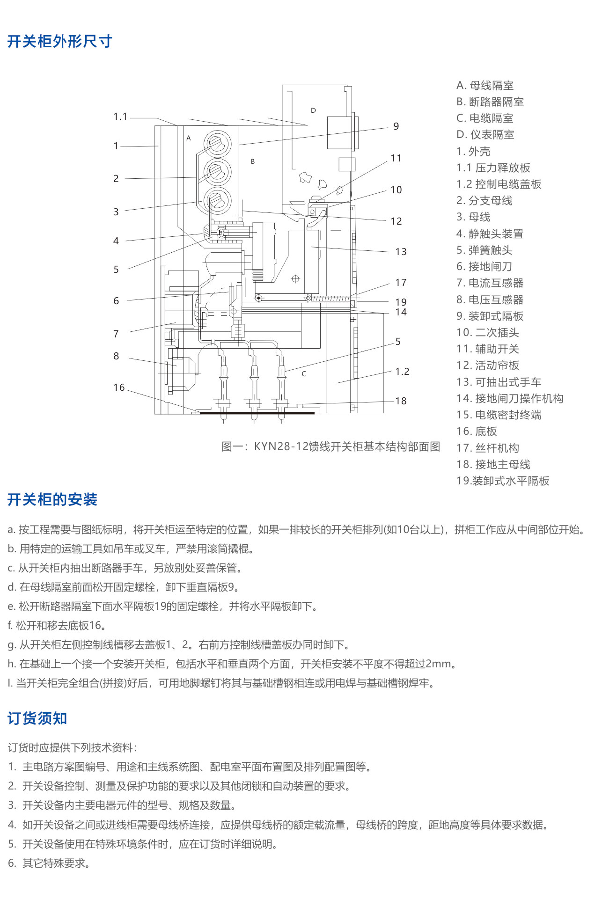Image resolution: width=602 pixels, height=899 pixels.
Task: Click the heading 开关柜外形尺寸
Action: [60, 41]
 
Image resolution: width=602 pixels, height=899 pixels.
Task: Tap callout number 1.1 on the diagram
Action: [120, 117]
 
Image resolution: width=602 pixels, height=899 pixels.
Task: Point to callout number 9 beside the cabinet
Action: [396, 126]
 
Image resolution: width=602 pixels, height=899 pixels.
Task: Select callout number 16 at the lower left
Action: [119, 387]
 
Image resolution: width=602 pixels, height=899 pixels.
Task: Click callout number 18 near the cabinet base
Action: [401, 401]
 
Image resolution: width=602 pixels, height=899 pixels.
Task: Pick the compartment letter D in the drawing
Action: [313, 110]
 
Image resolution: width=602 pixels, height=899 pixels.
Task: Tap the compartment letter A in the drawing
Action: [189, 138]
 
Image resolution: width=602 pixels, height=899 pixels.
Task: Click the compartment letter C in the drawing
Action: [304, 374]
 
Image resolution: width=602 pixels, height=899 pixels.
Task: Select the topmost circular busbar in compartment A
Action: [217, 143]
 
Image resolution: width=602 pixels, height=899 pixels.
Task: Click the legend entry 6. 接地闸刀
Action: [484, 267]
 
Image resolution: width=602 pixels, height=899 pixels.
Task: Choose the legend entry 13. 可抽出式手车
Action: [499, 382]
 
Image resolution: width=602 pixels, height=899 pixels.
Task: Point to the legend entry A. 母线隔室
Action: [485, 85]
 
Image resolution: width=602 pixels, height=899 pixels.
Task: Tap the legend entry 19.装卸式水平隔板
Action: [503, 481]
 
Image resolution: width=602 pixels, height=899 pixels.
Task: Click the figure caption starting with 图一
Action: [331, 446]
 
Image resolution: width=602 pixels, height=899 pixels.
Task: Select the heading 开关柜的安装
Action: [52, 499]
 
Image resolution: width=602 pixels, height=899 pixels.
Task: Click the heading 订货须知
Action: [37, 718]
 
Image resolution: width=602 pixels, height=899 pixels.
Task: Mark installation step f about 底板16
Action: [57, 625]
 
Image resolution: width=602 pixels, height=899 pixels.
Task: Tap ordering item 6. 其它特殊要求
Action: [49, 863]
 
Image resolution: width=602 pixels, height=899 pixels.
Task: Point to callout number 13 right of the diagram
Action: [401, 252]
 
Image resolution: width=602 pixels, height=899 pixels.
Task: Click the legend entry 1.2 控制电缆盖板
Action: [499, 184]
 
